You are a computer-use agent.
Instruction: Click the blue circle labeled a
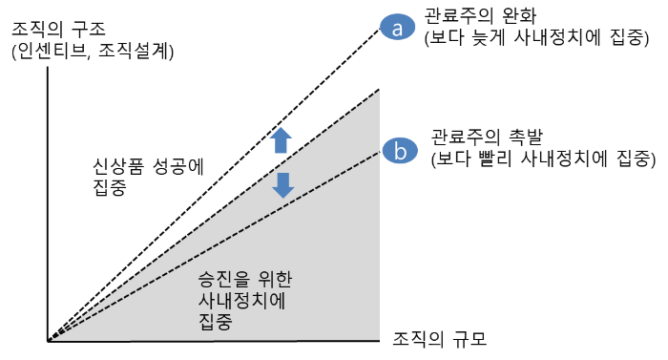(397, 29)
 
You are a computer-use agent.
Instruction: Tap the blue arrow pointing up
(281, 140)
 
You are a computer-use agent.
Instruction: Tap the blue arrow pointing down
(282, 183)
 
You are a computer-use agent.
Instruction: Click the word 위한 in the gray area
(271, 281)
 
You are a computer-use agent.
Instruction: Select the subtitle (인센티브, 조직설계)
(92, 53)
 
